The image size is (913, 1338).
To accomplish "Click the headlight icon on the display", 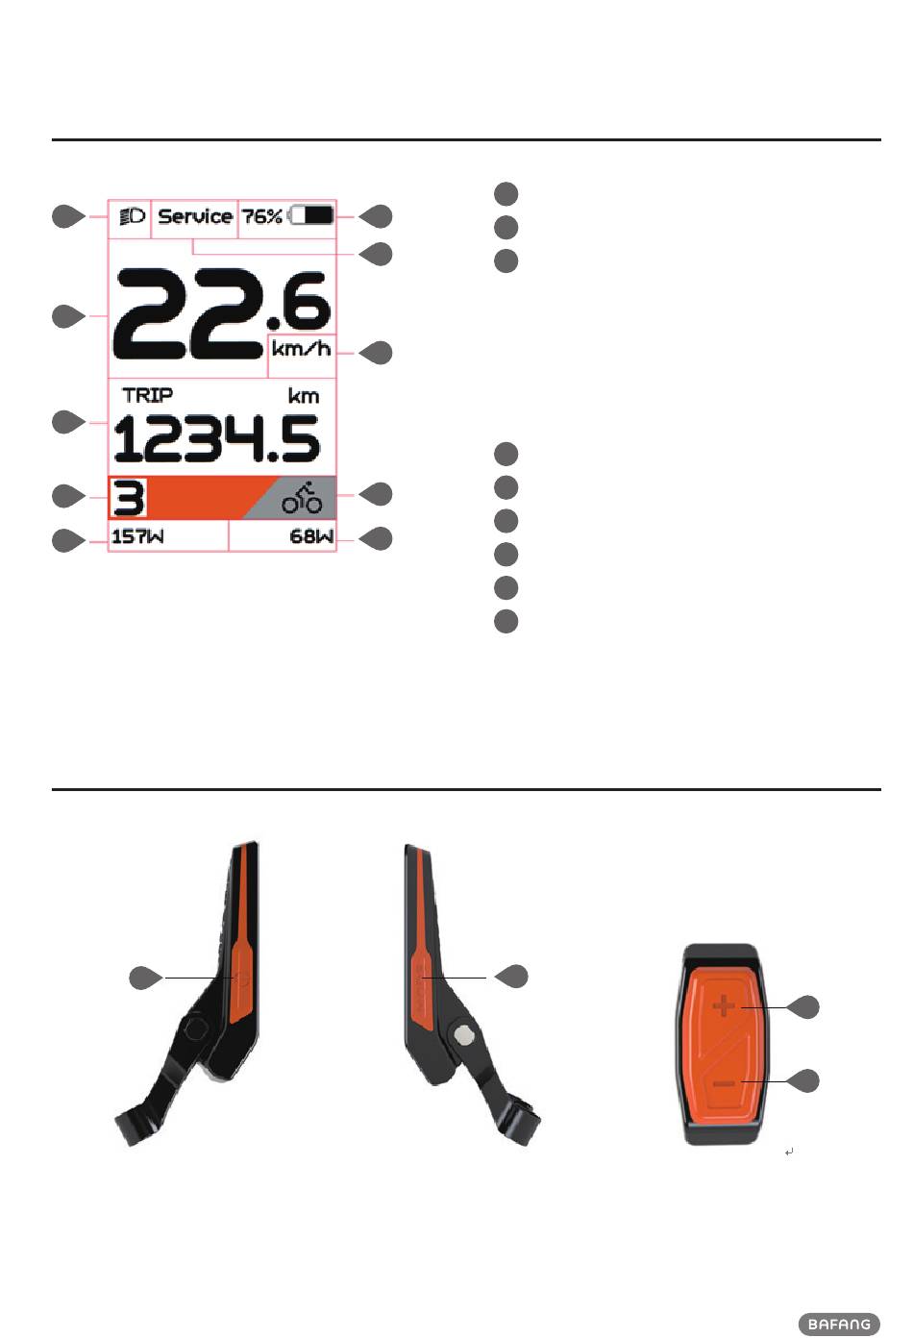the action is (131, 216).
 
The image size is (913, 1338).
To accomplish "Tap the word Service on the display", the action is (195, 216).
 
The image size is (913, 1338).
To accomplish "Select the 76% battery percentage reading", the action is (261, 216).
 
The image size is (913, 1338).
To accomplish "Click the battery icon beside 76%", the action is (312, 216).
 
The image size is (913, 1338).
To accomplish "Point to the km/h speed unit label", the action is (301, 348).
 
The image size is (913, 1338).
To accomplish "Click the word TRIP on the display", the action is (148, 395).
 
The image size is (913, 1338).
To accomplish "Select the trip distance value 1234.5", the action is (215, 440).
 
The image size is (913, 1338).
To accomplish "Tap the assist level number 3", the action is (128, 499).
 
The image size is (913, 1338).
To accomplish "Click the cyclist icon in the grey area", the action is (302, 498).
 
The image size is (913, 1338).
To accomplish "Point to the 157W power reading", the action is (137, 536).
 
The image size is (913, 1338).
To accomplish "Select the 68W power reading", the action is (311, 536).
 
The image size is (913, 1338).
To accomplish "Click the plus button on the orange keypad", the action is (724, 1006).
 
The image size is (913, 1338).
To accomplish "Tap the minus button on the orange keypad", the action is (724, 1083).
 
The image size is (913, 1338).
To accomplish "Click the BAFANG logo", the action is (839, 1324).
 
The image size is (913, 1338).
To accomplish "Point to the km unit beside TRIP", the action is (304, 396).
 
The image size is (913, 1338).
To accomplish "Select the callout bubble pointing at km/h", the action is (378, 353).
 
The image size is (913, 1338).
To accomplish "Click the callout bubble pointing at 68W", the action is (378, 538).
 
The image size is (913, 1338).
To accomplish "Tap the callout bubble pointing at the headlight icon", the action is (66, 217).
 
